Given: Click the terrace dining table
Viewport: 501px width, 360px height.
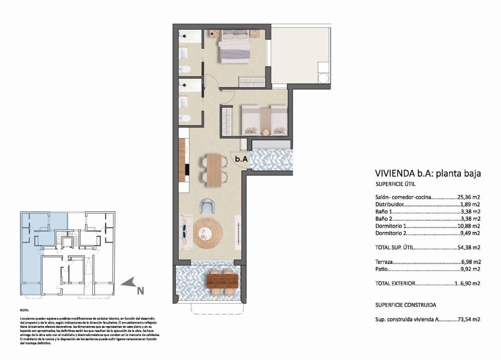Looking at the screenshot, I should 222,281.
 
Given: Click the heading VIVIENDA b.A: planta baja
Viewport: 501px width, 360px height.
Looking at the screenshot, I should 428,174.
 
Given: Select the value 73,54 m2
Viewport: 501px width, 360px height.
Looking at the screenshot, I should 469,319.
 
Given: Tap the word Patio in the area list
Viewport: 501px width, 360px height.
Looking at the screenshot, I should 381,270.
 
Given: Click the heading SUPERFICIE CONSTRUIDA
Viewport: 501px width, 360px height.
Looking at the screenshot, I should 405,305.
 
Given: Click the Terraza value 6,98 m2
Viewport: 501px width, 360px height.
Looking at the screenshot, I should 470,261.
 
